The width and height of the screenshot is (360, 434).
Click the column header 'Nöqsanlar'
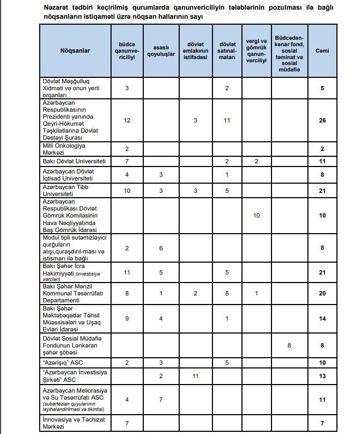(x=75, y=50)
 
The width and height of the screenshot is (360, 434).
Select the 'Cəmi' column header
(x=322, y=50)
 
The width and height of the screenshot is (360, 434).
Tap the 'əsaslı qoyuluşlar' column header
(x=160, y=50)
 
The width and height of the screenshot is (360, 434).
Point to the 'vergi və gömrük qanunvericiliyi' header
(x=256, y=50)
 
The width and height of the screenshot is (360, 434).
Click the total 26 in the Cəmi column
(x=322, y=120)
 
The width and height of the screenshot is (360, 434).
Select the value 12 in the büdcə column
(x=127, y=120)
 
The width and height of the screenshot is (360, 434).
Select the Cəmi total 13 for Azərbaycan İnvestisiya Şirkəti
(x=322, y=377)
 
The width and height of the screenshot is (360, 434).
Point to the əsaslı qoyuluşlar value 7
(x=160, y=400)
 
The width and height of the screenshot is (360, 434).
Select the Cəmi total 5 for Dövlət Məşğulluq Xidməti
(x=322, y=88)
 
